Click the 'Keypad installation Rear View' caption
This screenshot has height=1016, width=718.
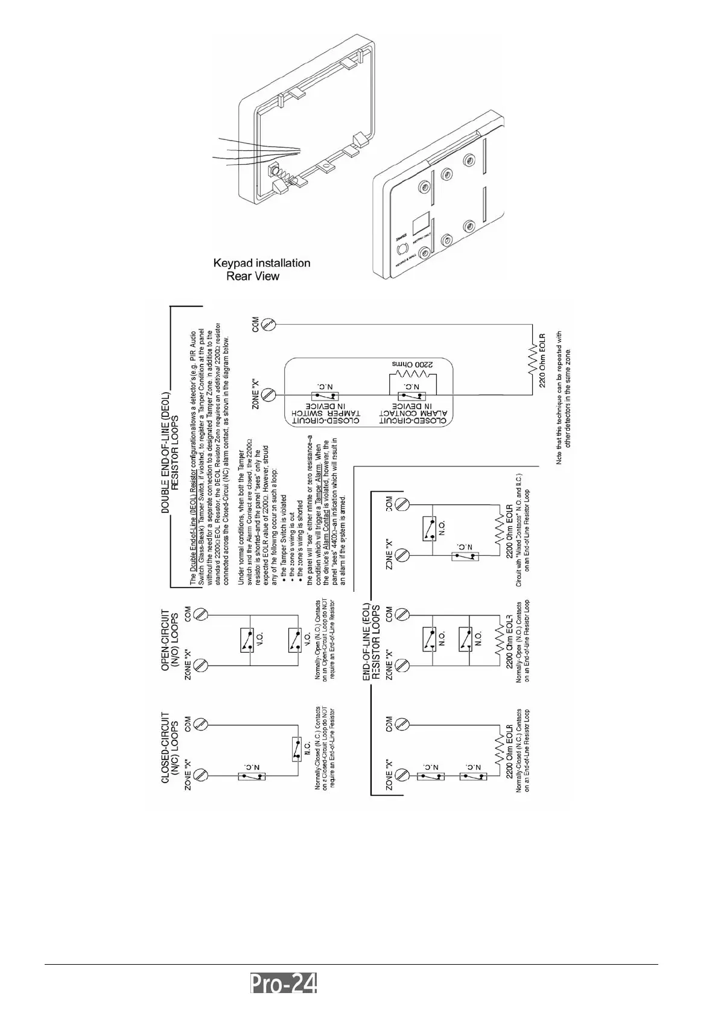[x=262, y=270]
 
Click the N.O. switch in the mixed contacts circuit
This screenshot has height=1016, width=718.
[x=430, y=529]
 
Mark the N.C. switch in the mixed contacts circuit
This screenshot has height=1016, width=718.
[x=465, y=556]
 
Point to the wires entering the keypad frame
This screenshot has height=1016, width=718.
[x=259, y=150]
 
